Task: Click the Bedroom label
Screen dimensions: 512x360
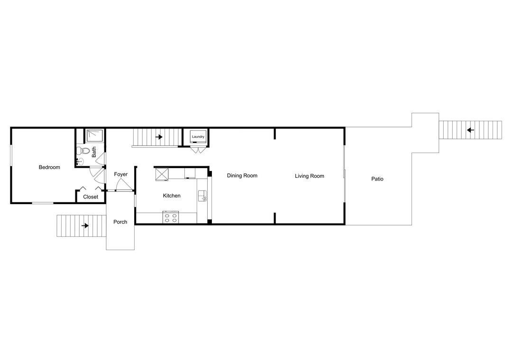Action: [x=49, y=167]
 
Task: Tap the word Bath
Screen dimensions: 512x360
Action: [x=94, y=152]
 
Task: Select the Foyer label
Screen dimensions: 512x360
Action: [x=120, y=174]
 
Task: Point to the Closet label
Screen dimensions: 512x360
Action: [x=91, y=197]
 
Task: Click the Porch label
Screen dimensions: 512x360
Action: [x=120, y=222]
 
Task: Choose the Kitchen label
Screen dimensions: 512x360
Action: [x=172, y=196]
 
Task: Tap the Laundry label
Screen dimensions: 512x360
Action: [x=198, y=137]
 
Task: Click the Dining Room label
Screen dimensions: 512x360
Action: [x=242, y=176]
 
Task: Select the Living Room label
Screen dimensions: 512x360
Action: [x=309, y=176]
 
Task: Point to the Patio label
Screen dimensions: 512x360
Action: [x=377, y=179]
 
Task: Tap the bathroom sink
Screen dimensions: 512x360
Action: [x=79, y=161]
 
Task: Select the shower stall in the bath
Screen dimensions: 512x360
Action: [x=95, y=136]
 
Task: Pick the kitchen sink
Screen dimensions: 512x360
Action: [x=202, y=196]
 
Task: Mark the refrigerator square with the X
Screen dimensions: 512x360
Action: [x=162, y=174]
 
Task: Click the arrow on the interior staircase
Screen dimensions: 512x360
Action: [x=159, y=137]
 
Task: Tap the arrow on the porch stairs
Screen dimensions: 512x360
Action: [x=85, y=225]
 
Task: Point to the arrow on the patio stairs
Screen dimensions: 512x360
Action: [x=470, y=130]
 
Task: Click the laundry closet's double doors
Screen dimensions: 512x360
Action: [x=198, y=150]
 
